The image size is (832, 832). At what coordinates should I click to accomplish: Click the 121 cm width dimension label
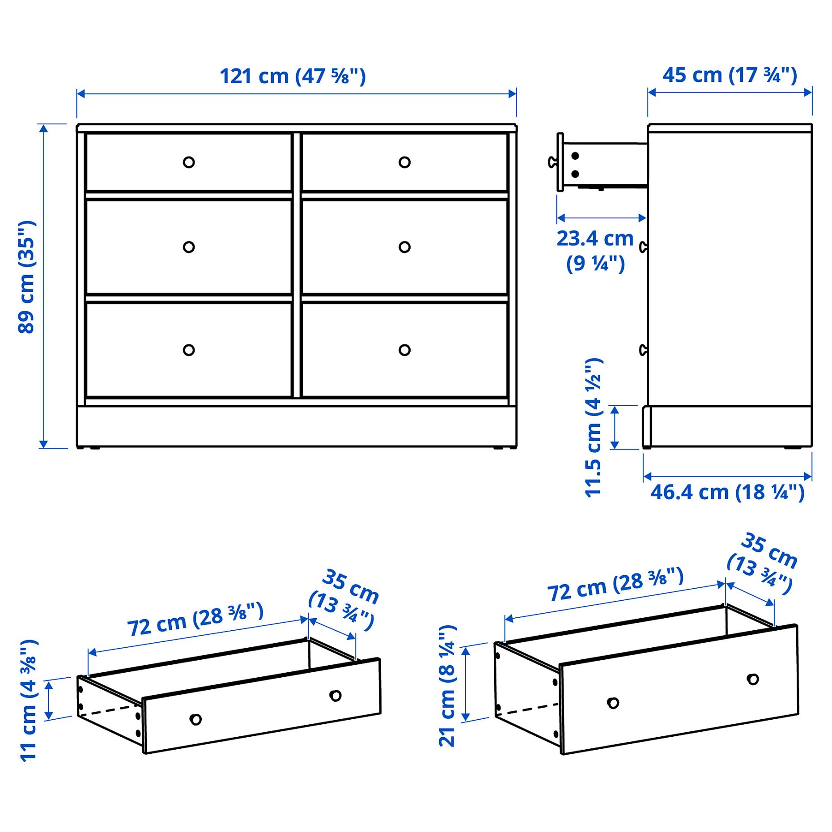click(x=293, y=76)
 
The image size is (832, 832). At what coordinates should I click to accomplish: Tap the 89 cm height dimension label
click(x=27, y=277)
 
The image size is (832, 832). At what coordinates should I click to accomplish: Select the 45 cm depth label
click(x=730, y=75)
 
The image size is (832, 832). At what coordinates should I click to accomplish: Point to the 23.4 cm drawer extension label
click(x=595, y=250)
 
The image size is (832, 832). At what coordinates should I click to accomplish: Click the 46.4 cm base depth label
click(x=727, y=492)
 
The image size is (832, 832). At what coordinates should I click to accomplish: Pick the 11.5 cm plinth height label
click(x=594, y=427)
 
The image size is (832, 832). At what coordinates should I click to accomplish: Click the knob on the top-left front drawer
click(x=189, y=162)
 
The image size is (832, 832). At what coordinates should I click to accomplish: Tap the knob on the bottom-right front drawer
click(x=404, y=350)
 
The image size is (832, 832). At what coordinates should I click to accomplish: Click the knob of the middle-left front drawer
click(x=189, y=247)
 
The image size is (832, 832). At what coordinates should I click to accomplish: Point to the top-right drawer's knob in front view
click(x=404, y=162)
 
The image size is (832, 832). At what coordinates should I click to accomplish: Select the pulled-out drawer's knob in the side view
click(x=552, y=162)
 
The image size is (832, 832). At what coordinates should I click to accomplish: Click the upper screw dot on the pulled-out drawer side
click(x=575, y=156)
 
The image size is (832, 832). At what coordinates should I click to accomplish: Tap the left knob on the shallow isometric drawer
click(x=195, y=719)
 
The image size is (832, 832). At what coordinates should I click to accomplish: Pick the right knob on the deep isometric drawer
click(x=753, y=679)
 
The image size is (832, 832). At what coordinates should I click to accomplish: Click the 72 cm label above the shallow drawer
click(x=195, y=620)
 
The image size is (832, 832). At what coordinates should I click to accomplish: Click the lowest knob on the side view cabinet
click(x=643, y=350)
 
